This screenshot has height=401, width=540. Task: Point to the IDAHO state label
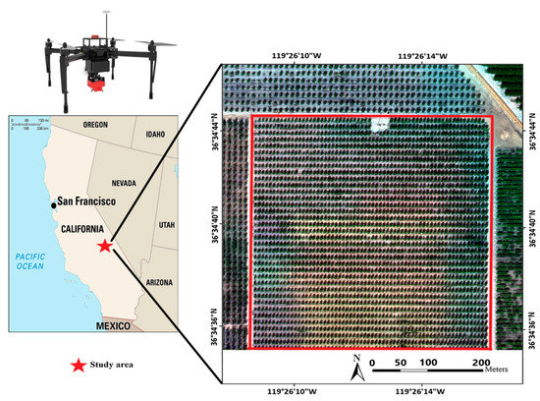point(155,134)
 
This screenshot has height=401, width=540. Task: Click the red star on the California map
point(106,245)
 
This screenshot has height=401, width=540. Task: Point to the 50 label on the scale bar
point(400,363)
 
